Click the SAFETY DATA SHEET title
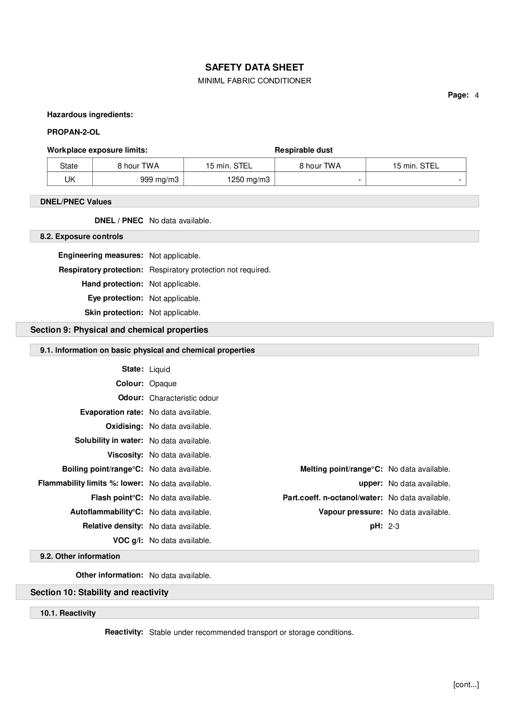tap(254, 67)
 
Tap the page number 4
tap(476, 95)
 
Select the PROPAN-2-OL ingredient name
tap(74, 132)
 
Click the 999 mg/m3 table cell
tap(159, 180)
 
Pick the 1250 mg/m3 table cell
tap(248, 180)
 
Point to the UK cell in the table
tap(70, 180)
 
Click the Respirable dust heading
tap(303, 150)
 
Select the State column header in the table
tap(69, 166)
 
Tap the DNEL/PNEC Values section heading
tap(76, 202)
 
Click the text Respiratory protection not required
tap(210, 270)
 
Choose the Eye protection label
tap(115, 298)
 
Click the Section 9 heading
tap(119, 330)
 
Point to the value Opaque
tap(163, 384)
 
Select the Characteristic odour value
tap(183, 398)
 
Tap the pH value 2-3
tap(394, 526)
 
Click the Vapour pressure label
tap(350, 512)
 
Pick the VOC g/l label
tap(128, 540)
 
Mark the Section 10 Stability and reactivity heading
tap(99, 592)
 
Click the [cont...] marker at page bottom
tap(466, 685)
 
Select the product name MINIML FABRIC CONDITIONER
tap(254, 81)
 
